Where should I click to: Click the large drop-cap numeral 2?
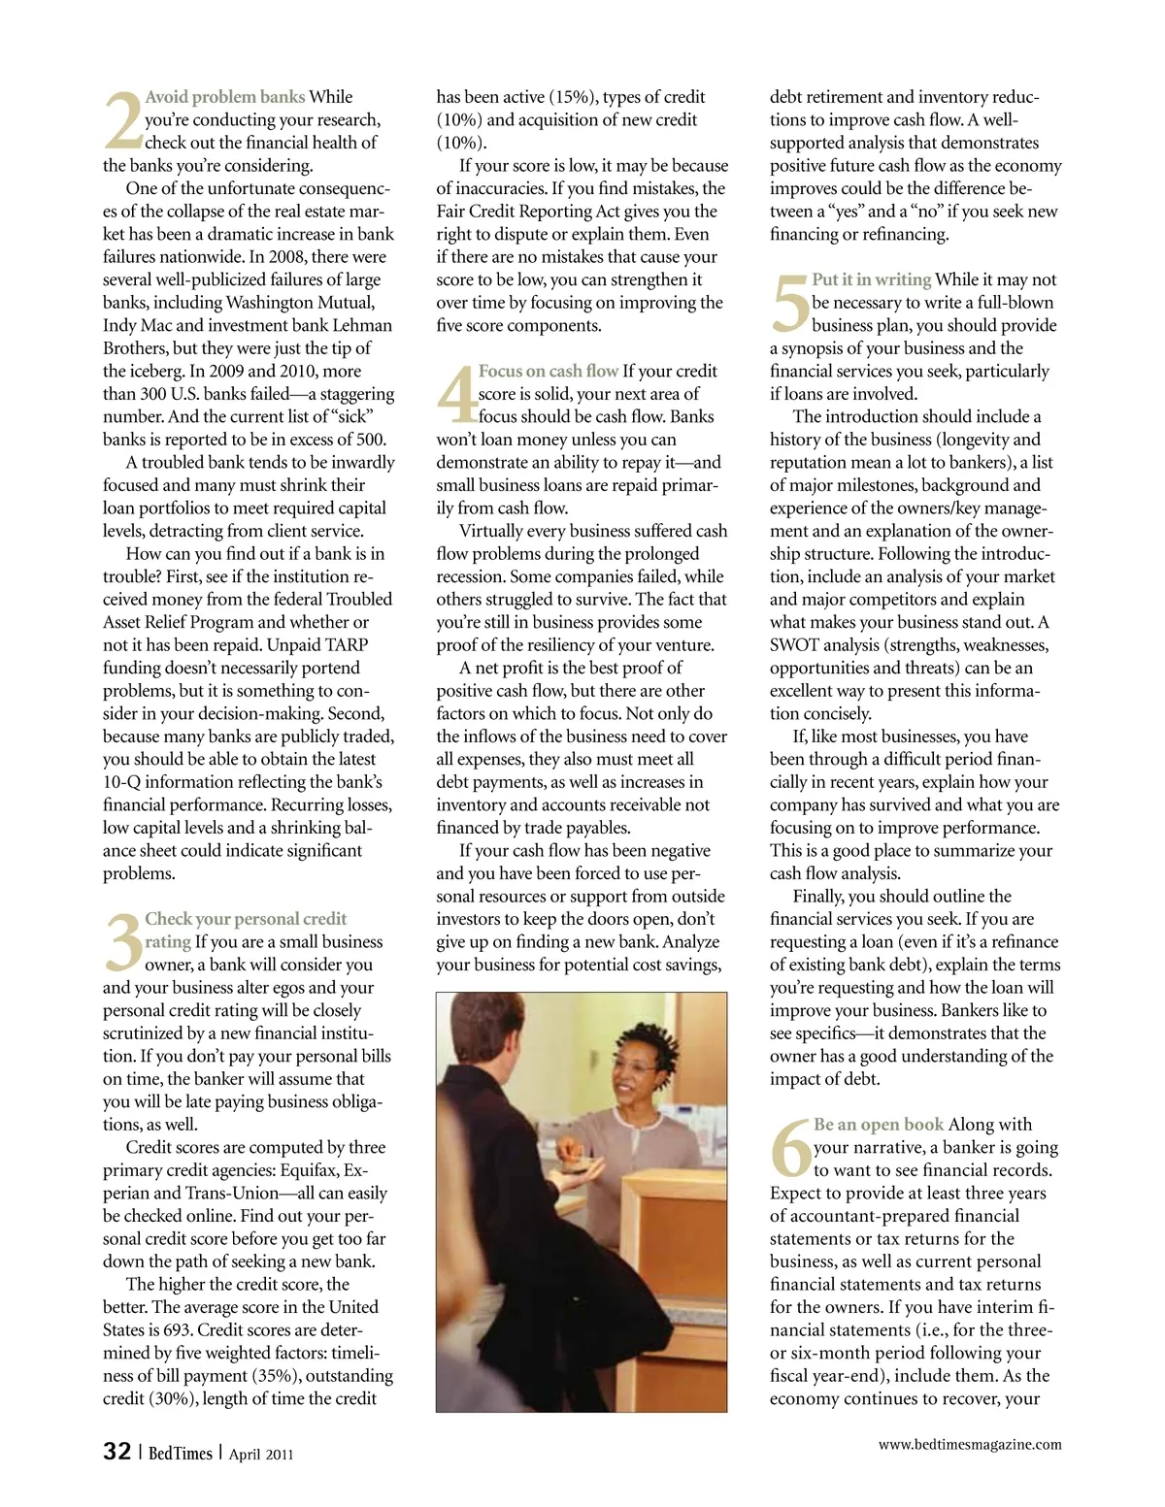122,120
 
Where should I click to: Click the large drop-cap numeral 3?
122,942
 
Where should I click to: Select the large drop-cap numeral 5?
789,303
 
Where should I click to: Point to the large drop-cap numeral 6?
790,1148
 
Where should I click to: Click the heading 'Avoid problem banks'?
224,97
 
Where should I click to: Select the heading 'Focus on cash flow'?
548,371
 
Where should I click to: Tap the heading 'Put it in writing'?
871,279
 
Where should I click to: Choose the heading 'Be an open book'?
878,1124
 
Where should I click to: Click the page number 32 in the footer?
116,1451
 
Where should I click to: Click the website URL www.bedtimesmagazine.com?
969,1444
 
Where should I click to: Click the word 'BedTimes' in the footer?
180,1453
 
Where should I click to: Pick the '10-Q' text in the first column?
124,782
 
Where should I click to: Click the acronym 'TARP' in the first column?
348,645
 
